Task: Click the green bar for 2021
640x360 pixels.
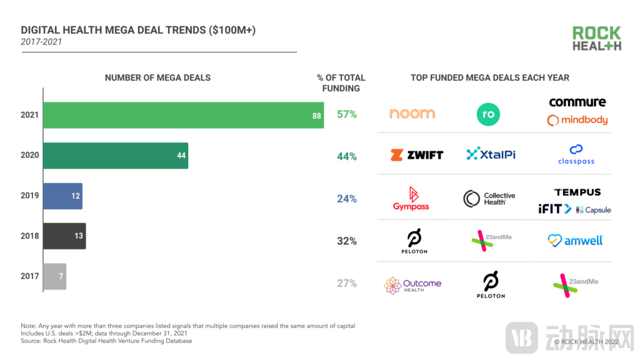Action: pos(183,115)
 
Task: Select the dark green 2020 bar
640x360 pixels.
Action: pos(116,155)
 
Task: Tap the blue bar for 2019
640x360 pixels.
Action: pos(62,196)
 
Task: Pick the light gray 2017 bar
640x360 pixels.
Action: pos(54,276)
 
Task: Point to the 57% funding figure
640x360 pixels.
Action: pos(347,115)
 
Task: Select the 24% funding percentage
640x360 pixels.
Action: pos(347,199)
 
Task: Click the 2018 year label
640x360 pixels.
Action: pos(29,236)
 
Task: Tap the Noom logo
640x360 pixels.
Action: pos(412,114)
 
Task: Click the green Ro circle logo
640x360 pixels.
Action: pos(488,114)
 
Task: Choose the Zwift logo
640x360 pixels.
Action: pos(417,154)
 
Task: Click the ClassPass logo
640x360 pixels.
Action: pos(576,154)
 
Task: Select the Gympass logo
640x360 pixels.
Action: pos(411,199)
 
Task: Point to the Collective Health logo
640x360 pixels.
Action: pos(489,199)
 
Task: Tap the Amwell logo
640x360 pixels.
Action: pos(576,240)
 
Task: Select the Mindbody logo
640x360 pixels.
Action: pos(577,120)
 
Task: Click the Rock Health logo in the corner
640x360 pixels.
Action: pos(597,39)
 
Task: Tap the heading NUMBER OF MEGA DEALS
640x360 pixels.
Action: pos(157,77)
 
